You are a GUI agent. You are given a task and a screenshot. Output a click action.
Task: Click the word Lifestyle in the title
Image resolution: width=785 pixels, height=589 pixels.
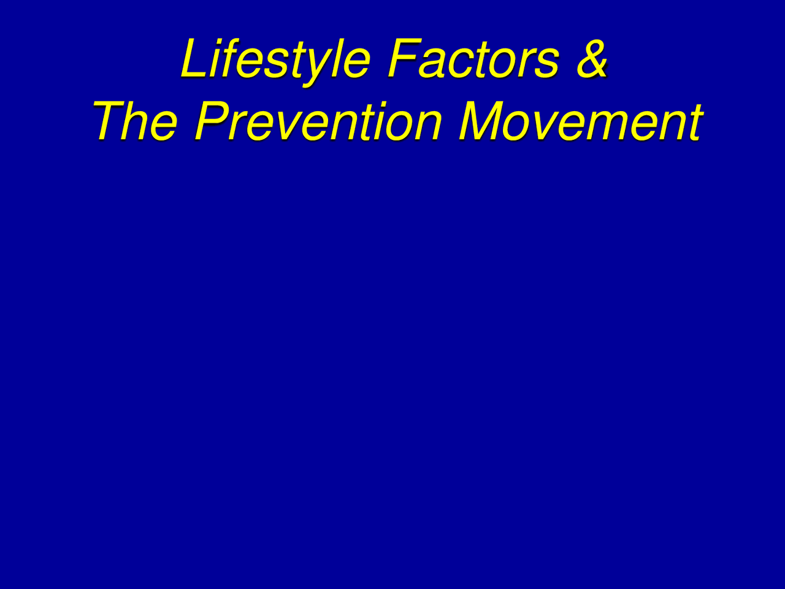click(x=275, y=60)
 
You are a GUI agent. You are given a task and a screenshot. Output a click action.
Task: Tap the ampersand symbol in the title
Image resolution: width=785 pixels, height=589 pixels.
click(x=591, y=60)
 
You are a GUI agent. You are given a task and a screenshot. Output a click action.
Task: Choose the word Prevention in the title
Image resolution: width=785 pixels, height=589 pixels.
click(x=318, y=121)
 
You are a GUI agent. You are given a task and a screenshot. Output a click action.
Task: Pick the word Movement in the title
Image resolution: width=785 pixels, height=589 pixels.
click(x=580, y=121)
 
